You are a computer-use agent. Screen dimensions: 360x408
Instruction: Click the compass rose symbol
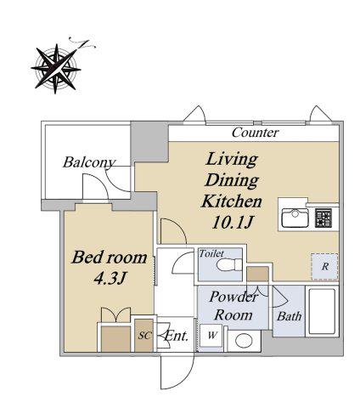(56, 69)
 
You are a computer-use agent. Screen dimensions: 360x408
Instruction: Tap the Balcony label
(89, 162)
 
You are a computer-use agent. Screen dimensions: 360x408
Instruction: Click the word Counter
(256, 133)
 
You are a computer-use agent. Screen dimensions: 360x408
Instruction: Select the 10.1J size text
(232, 223)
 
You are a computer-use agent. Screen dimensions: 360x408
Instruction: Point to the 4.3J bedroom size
(110, 278)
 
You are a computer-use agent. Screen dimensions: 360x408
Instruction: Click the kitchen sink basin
(295, 218)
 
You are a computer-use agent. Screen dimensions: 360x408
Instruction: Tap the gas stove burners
(323, 218)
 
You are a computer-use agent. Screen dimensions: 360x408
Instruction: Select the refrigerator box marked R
(324, 266)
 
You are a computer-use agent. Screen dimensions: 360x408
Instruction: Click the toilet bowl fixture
(229, 265)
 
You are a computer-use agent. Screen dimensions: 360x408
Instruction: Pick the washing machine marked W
(211, 336)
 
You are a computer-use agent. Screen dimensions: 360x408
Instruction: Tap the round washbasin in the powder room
(244, 341)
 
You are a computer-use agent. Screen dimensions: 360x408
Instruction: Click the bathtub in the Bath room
(322, 311)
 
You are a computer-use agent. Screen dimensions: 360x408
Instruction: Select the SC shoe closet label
(143, 336)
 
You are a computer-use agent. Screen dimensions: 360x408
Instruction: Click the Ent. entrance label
(176, 336)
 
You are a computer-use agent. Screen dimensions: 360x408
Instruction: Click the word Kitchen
(231, 201)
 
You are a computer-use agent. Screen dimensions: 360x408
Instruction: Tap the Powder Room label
(233, 306)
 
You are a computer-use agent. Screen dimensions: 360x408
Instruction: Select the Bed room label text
(110, 258)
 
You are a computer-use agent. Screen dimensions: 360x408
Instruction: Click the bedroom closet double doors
(116, 314)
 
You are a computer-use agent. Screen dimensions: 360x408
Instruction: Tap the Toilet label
(211, 253)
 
